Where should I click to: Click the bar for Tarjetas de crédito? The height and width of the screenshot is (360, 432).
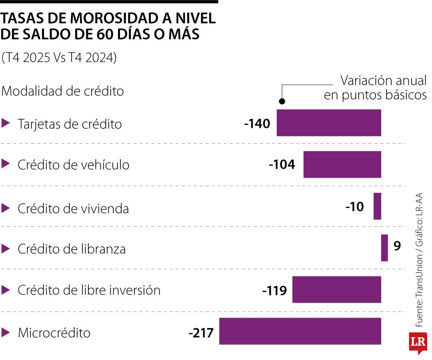click(x=329, y=123)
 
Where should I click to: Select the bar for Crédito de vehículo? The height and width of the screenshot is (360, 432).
click(x=342, y=164)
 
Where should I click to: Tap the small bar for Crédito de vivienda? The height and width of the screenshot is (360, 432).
click(x=377, y=206)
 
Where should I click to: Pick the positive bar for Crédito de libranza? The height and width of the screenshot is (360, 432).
click(x=384, y=248)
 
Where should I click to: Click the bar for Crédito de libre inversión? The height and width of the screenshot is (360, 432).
click(x=336, y=290)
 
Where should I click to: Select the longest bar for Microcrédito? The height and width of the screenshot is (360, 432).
click(x=300, y=331)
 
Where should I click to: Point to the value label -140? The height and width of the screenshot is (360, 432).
click(x=257, y=124)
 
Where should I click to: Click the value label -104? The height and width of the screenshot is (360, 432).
click(x=282, y=164)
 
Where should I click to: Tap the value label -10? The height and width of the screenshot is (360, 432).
click(x=354, y=207)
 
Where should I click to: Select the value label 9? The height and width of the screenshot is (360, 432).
click(x=397, y=246)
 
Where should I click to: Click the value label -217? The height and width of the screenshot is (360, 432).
click(x=201, y=332)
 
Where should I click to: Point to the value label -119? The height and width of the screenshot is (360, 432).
click(x=274, y=290)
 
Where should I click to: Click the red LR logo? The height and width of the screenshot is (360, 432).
click(x=418, y=342)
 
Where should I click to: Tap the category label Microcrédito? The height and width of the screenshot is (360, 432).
click(x=54, y=333)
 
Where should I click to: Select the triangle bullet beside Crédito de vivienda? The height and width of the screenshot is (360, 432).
click(x=5, y=208)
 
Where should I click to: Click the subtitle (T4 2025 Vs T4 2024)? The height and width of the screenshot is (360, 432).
click(x=59, y=58)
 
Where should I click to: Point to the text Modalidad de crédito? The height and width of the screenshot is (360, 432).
click(x=63, y=91)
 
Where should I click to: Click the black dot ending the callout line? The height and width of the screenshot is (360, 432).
click(x=282, y=101)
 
